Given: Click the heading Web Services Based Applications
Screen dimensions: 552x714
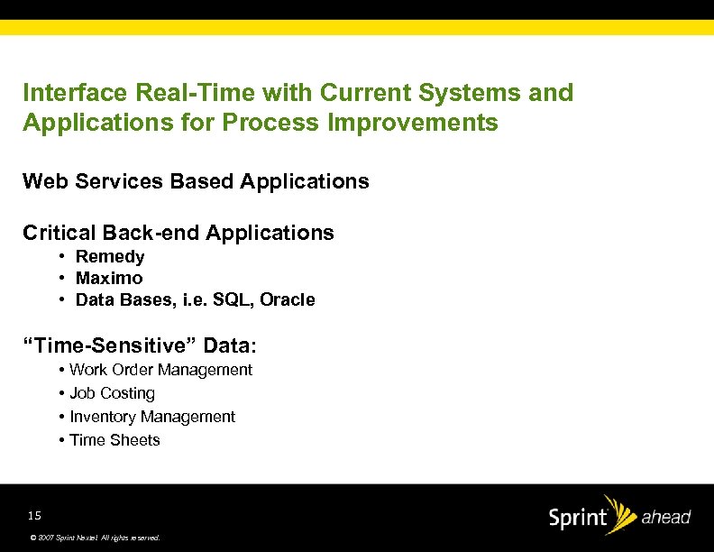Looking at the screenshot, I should (196, 181).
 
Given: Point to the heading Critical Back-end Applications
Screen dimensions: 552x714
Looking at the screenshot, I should (178, 233).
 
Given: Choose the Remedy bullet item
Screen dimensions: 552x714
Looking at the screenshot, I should (110, 257).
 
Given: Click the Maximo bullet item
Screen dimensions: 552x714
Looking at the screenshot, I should (109, 279).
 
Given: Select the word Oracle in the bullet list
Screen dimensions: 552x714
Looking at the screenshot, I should (288, 300).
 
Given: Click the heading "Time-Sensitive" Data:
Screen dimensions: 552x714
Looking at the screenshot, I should (140, 345).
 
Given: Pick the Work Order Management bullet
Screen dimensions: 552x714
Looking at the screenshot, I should (160, 370).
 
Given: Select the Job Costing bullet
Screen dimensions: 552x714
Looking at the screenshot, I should (112, 393).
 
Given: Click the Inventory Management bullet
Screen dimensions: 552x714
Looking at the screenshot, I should (151, 417).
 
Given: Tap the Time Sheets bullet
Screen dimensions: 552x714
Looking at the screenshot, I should (114, 440).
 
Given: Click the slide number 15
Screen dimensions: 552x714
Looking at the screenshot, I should (34, 516).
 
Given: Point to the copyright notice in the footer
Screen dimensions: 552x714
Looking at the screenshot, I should (94, 537).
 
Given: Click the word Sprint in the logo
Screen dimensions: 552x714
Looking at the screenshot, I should (577, 520).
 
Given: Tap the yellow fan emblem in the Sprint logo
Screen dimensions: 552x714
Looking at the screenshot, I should (621, 510).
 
